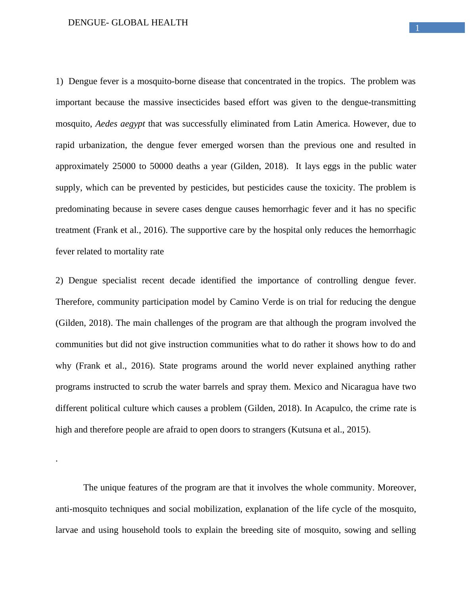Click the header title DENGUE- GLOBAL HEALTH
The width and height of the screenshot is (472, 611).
tap(128, 23)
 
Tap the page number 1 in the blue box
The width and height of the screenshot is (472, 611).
tap(417, 28)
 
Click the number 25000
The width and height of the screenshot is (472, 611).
tap(123, 166)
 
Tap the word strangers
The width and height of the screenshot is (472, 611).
tap(269, 430)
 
